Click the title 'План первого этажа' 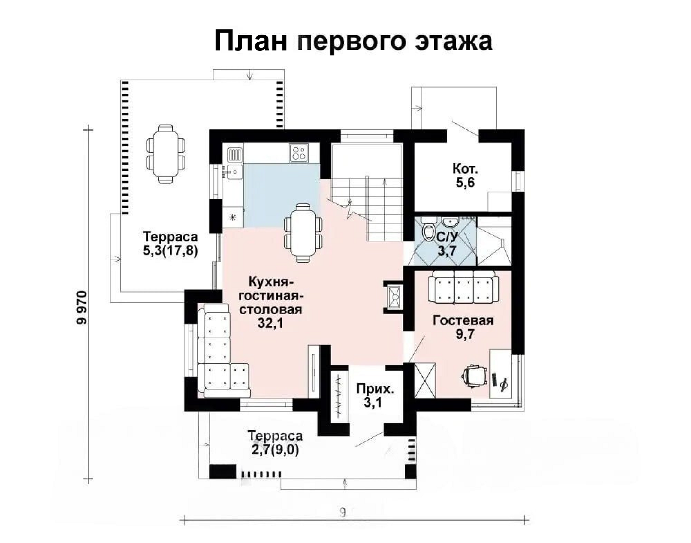pos(353,41)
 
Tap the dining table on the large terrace pos(166,154)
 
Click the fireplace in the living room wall pos(393,297)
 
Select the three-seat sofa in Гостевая pos(464,287)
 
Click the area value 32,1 pos(270,323)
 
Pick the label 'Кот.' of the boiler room pos(465,169)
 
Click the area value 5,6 pos(465,183)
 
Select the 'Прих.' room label pos(375,389)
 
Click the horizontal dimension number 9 pos(343,512)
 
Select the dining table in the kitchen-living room pos(303,233)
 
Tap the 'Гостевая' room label pos(463,320)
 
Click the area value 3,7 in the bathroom pos(447,251)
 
